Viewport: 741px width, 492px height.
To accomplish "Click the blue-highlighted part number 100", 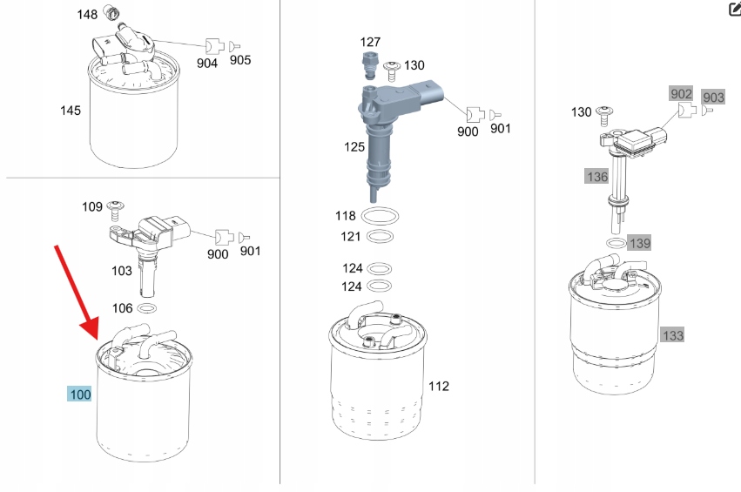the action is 79,394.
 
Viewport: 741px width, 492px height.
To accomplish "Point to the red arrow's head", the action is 91,328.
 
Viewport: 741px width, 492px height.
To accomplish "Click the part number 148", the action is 87,15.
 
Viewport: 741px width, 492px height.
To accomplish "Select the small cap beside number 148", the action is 112,13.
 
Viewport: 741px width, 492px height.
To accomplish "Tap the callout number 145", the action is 71,111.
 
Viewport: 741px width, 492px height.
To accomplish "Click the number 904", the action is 207,64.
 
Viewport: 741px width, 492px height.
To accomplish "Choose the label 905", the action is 240,60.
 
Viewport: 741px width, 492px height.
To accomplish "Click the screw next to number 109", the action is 115,211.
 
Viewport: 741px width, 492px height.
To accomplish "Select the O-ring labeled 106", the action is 147,308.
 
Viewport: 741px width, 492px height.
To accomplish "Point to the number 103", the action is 121,271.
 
